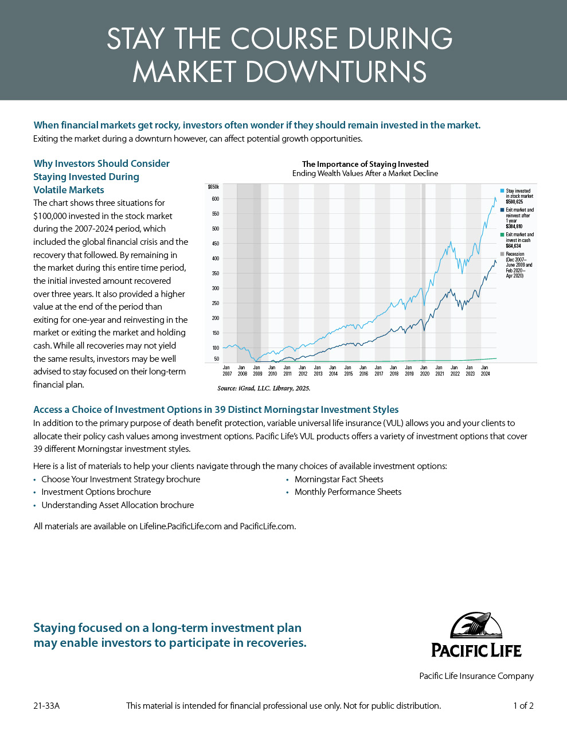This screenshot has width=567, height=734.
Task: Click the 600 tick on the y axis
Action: tap(216, 199)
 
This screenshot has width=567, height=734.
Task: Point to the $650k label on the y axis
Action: tap(213, 187)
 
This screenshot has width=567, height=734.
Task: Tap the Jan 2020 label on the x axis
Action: tap(424, 370)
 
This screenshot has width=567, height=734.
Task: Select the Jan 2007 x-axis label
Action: tap(227, 370)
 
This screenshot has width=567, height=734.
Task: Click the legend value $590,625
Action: tap(514, 202)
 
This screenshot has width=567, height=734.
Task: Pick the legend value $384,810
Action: tap(514, 227)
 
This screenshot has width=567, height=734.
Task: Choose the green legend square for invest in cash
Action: tap(502, 235)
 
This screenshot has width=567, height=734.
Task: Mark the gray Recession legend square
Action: tap(502, 254)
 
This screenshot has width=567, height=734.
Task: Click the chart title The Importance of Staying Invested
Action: tap(365, 164)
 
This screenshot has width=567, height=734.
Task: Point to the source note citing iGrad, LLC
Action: tap(264, 388)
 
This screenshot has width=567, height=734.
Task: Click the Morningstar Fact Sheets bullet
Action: tap(339, 479)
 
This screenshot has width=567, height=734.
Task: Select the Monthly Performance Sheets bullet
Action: tap(348, 492)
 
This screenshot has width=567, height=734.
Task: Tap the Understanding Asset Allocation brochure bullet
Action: tap(118, 505)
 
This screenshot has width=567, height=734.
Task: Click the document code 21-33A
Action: tap(46, 706)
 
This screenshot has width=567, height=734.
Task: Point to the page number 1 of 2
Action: tap(523, 706)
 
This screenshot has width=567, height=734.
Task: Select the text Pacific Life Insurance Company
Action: tap(476, 676)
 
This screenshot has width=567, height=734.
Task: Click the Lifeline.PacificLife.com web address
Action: tap(181, 526)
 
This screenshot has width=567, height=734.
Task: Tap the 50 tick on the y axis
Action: tap(217, 359)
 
